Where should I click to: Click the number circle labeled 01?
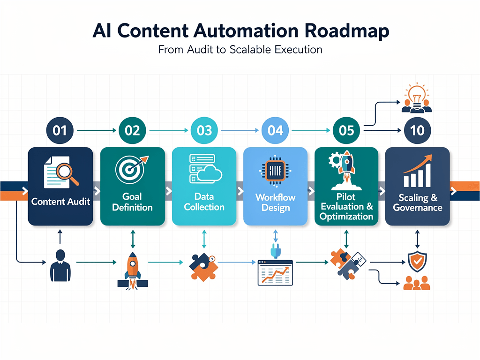point(60,130)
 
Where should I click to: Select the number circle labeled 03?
point(204,130)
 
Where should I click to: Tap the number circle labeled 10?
point(417,130)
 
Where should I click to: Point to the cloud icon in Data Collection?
point(210,174)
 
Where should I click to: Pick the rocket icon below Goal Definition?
point(133,270)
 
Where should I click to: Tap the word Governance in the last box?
point(418,207)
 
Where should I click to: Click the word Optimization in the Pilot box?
point(346,216)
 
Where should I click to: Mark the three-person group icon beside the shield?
point(416,283)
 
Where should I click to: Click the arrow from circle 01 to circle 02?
point(96,130)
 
